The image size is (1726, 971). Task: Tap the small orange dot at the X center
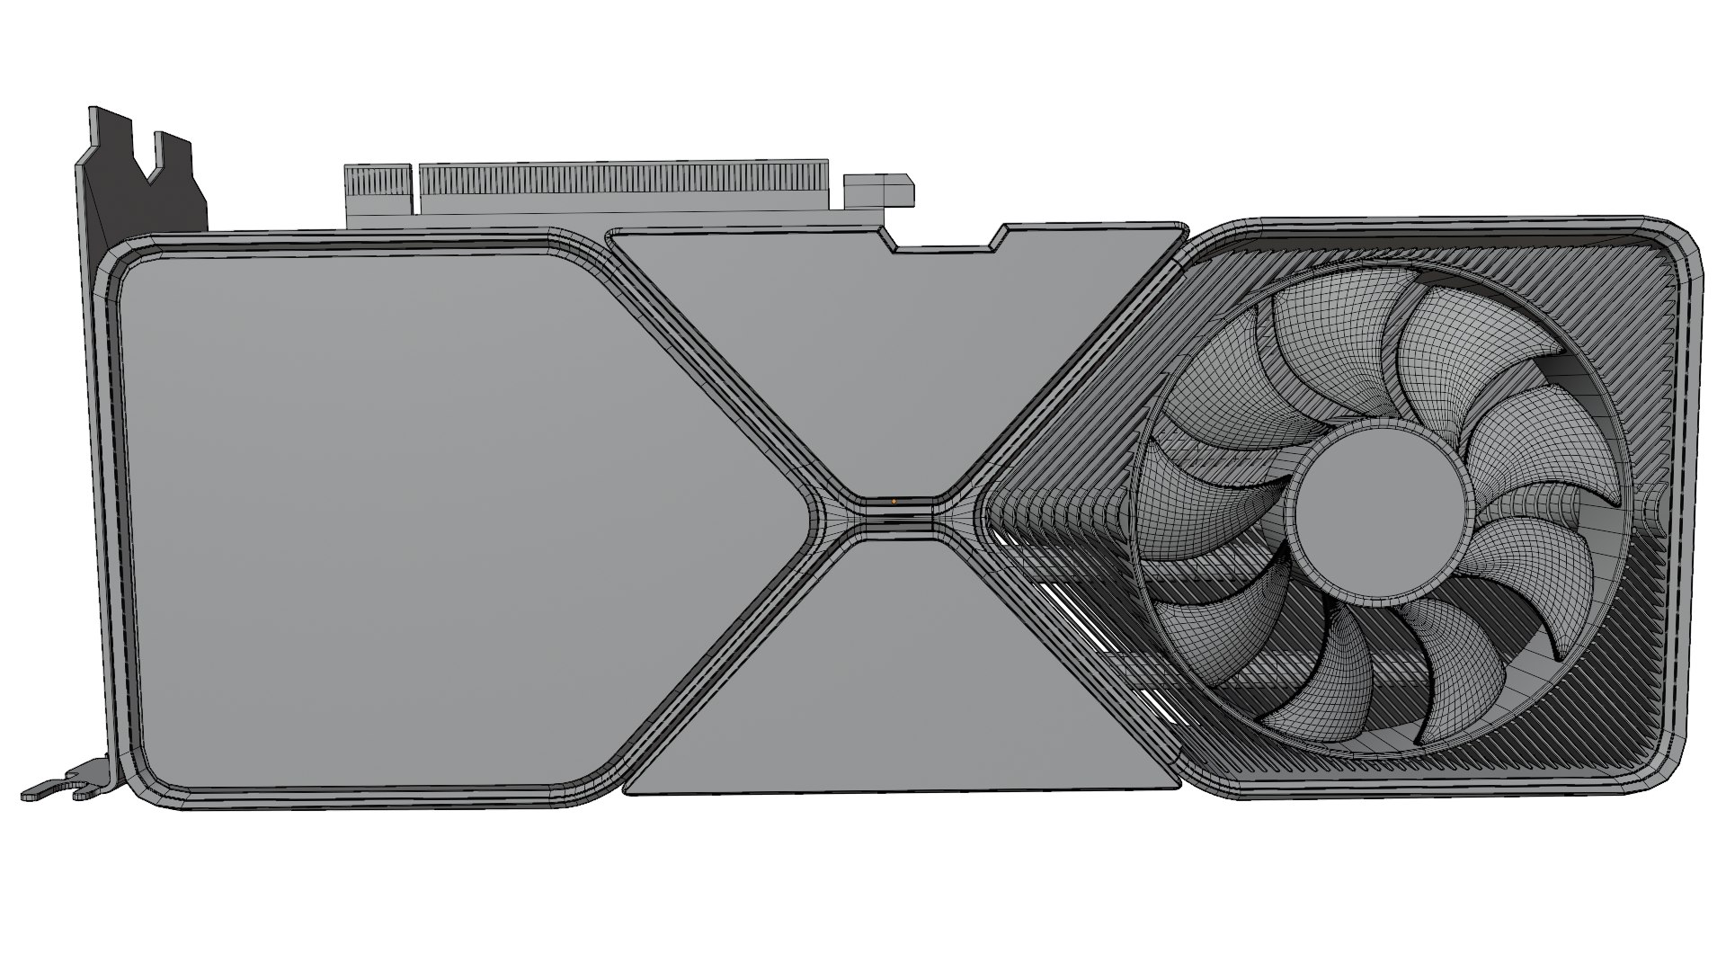click(894, 501)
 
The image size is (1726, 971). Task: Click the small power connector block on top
click(879, 191)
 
